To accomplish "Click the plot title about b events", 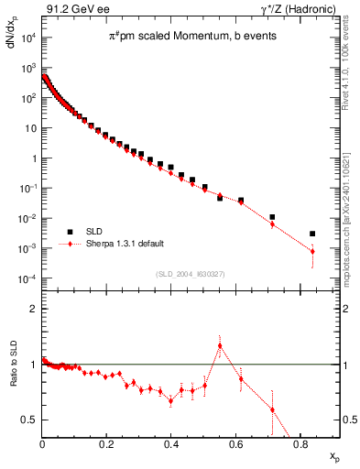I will coord(184,37).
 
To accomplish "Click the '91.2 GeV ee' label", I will coord(74,8).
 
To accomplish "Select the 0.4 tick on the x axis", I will coord(171,446).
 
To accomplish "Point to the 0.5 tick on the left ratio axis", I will coord(30,420).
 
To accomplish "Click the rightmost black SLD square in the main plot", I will coord(312,234).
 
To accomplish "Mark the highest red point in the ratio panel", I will coord(220,345).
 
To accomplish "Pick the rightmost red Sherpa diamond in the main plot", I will coord(312,251).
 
